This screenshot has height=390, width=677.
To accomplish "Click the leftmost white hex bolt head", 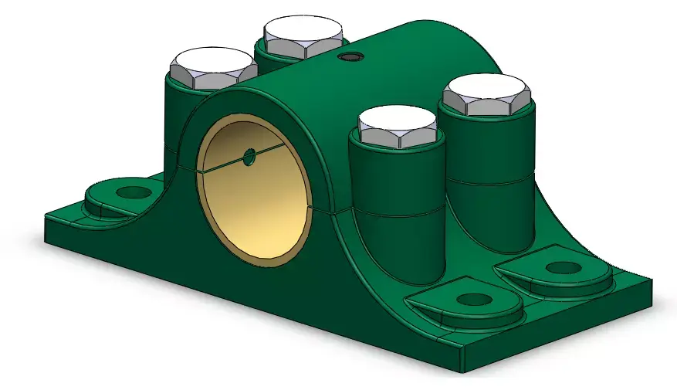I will [x=213, y=68].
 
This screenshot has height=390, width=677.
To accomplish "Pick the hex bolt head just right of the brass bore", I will [x=398, y=127].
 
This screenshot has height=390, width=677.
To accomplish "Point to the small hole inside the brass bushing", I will [x=249, y=157].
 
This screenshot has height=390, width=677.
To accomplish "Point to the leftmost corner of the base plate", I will [x=46, y=219].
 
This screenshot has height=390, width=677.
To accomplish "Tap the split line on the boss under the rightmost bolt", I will [x=490, y=181].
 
